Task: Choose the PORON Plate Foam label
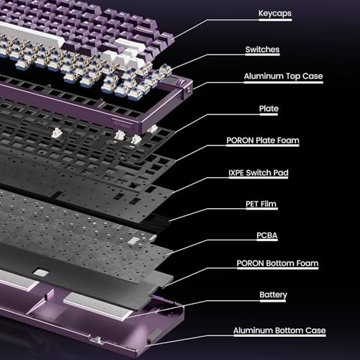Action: [274, 142]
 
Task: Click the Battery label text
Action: [274, 294]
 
